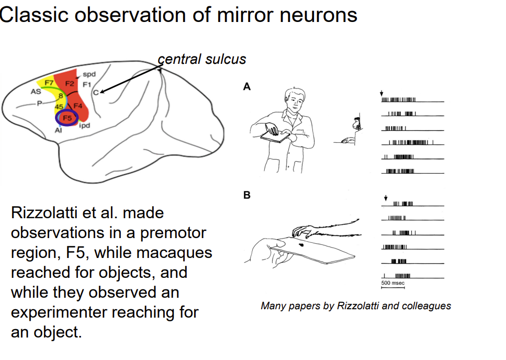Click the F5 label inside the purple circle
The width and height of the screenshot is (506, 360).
67,118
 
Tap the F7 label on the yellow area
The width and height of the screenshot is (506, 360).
48,83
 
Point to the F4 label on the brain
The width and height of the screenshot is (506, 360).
77,106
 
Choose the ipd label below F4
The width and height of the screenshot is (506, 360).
85,126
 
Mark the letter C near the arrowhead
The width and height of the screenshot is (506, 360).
95,93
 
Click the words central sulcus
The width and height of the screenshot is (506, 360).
202,59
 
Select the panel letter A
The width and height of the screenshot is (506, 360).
247,87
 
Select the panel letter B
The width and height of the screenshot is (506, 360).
247,195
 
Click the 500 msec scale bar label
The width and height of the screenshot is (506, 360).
392,283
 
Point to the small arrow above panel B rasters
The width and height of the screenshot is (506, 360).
386,198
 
